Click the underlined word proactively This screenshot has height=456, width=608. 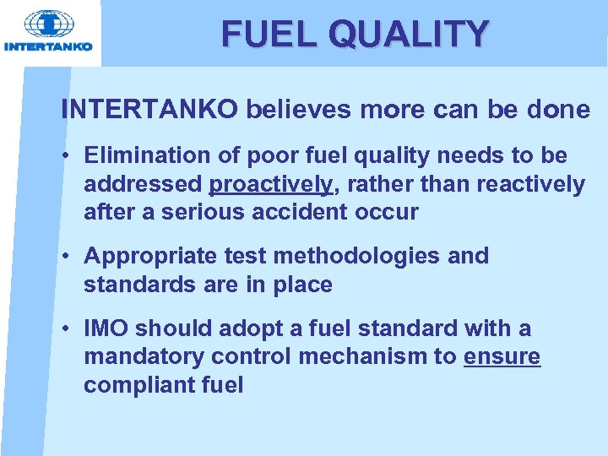coord(270,184)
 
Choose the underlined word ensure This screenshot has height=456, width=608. coord(502,357)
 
